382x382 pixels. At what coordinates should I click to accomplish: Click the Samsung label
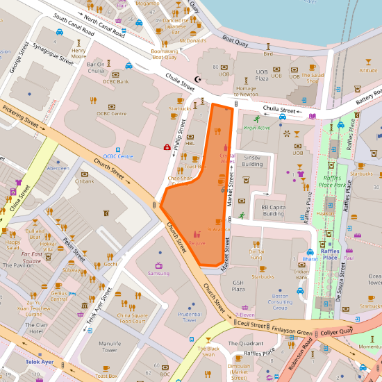158,273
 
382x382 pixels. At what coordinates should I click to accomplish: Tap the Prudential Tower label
190,317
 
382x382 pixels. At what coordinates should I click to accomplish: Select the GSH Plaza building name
238,286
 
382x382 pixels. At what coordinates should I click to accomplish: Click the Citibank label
84,181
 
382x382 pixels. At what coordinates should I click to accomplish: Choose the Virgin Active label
256,128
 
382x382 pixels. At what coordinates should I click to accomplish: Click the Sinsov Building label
252,161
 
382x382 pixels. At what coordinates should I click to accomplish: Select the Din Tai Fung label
256,254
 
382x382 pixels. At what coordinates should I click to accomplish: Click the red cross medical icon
167,147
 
